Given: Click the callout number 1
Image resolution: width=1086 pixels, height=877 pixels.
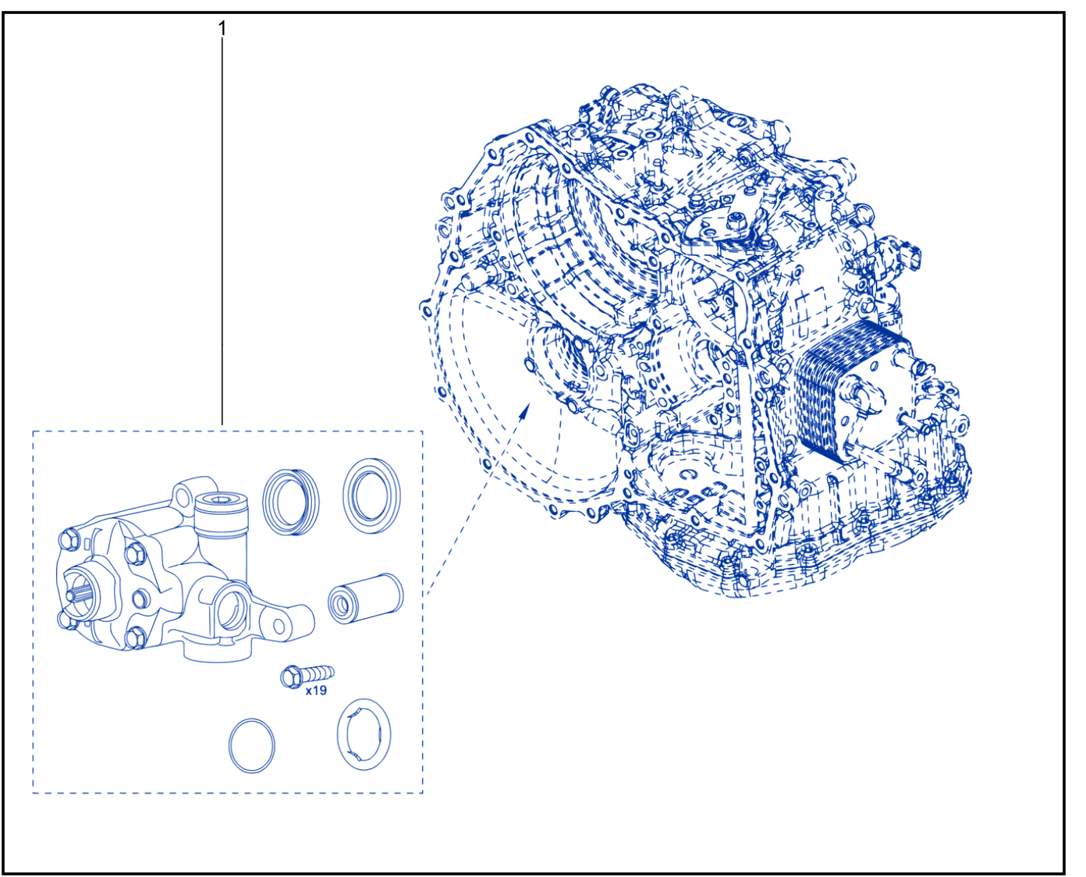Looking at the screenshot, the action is coord(222,29).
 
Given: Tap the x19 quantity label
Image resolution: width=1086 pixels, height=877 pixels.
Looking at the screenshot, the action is coord(316,691).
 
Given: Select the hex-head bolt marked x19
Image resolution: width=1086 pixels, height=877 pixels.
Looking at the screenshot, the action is coord(307,676).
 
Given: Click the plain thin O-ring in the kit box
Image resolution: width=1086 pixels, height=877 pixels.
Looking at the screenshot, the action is coord(251,745).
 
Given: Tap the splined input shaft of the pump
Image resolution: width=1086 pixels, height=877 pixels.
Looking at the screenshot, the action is coord(78,595).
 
